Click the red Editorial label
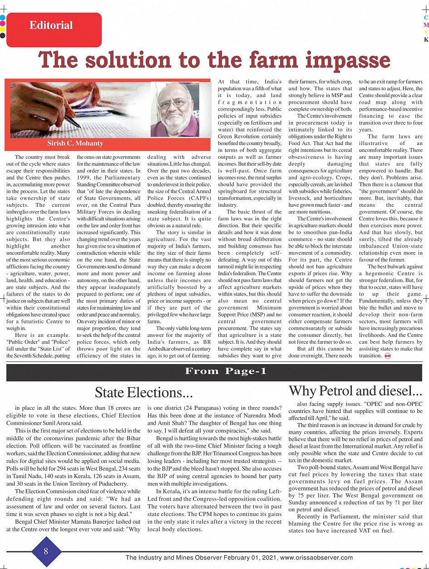click(x=51, y=25)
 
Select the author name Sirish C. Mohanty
click(x=75, y=144)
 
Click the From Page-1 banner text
click(x=226, y=372)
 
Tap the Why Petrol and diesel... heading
click(x=355, y=391)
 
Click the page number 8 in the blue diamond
click(x=46, y=551)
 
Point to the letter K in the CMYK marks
click(x=426, y=40)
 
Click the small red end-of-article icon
click(x=387, y=356)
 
